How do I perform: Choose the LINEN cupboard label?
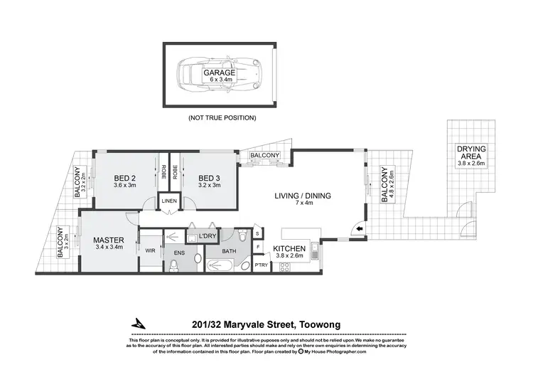click(x=168, y=201)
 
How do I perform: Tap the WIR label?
click(x=150, y=250)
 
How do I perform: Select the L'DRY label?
click(x=208, y=235)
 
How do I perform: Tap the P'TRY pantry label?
click(x=262, y=267)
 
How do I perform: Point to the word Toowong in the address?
click(x=320, y=325)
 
